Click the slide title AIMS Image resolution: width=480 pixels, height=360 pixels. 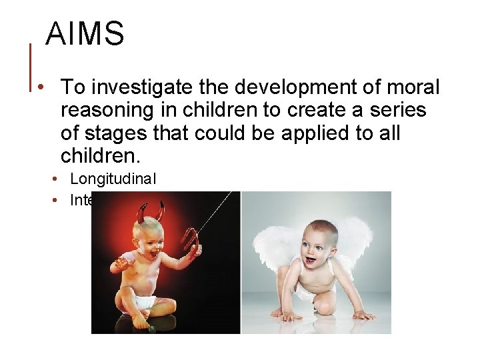pos(85,33)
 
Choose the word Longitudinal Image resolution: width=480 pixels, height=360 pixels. pos(113,178)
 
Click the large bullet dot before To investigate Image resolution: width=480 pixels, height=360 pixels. pos(41,87)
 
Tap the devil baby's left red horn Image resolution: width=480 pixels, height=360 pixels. pos(141,213)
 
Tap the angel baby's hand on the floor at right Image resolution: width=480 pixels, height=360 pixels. pos(363,315)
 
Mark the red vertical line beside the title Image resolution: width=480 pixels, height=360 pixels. pos(31,67)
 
